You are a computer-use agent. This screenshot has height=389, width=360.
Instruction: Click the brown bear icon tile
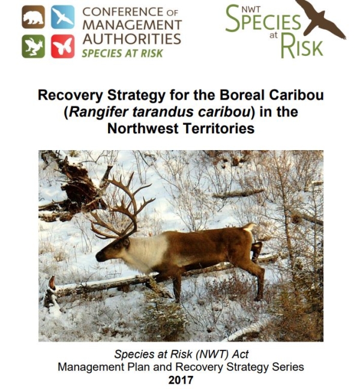(x=33, y=17)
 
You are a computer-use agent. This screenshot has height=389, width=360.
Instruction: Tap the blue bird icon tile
(x=62, y=17)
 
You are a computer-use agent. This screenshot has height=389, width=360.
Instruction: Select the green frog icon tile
(x=33, y=46)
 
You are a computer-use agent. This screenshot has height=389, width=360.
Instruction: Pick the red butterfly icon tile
(x=62, y=46)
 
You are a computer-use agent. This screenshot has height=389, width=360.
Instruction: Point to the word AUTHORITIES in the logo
(x=131, y=39)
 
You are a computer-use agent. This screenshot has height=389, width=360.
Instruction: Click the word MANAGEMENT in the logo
(x=131, y=25)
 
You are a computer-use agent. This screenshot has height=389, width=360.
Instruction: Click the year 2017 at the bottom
(x=181, y=378)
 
